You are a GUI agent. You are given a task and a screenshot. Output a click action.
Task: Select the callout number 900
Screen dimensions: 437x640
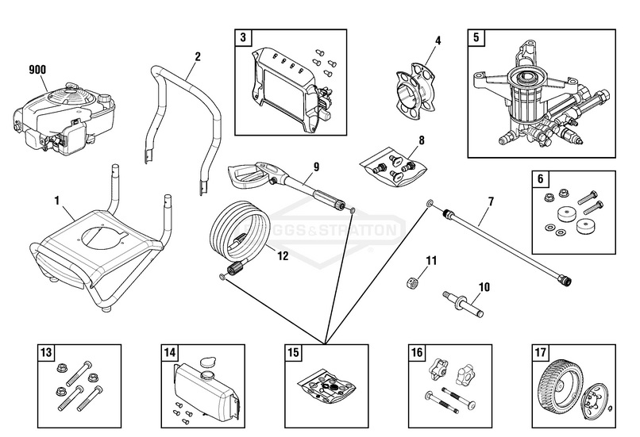pos(37,71)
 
